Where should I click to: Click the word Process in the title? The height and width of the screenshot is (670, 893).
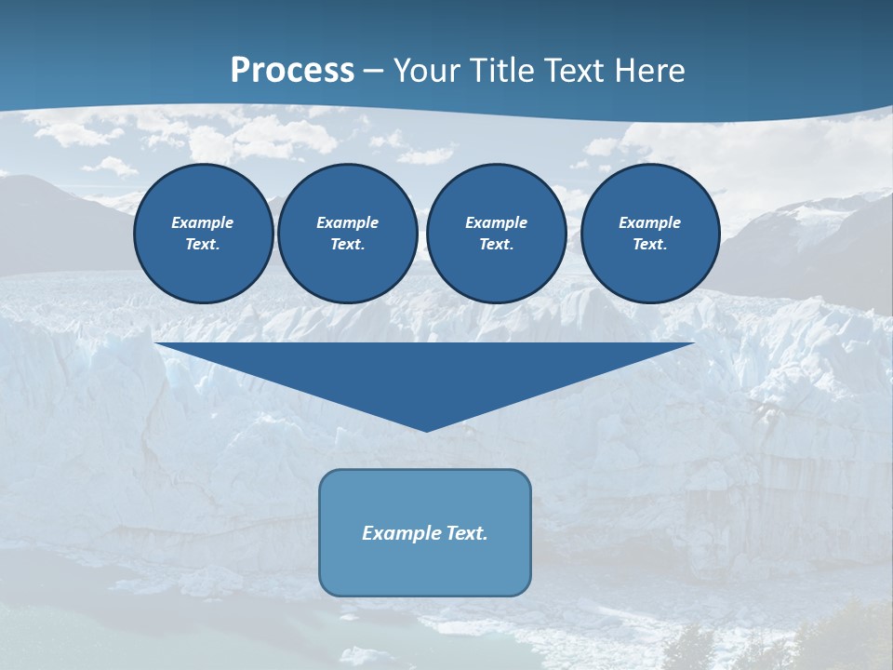tap(292, 71)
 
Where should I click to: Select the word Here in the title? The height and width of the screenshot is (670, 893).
tap(651, 71)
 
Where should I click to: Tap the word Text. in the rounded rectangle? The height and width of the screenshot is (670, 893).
tap(465, 533)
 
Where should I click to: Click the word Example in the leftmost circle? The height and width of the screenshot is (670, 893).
tap(203, 222)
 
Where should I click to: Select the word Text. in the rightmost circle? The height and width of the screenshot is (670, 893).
tap(649, 244)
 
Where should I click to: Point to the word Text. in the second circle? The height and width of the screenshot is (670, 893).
tap(347, 244)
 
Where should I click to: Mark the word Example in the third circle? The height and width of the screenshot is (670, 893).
tap(496, 222)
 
